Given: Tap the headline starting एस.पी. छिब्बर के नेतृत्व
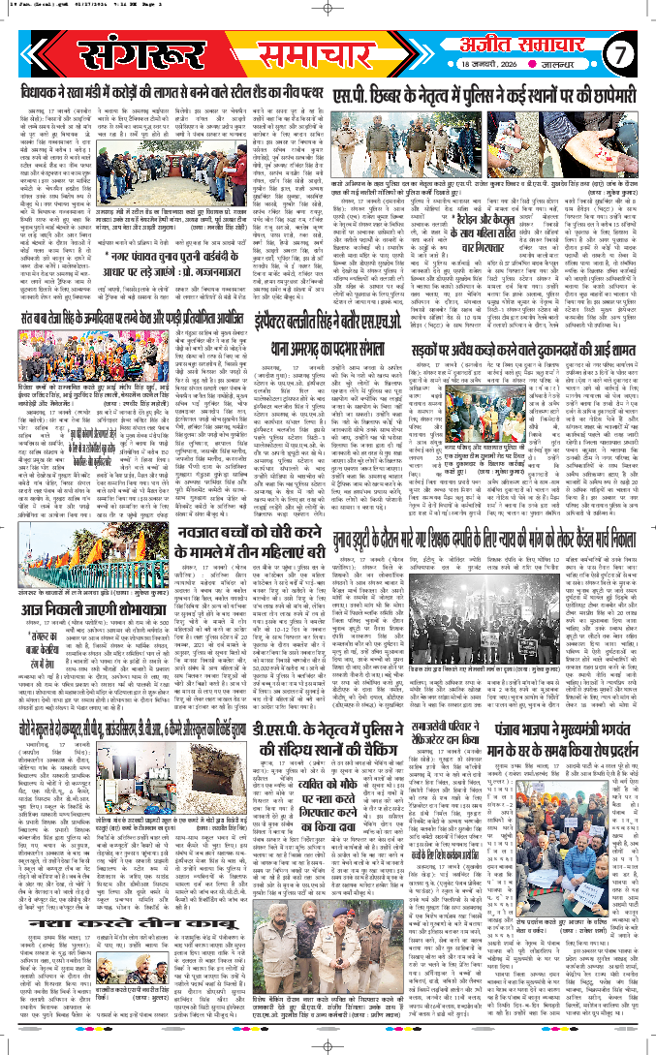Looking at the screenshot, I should (x=491, y=93).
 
